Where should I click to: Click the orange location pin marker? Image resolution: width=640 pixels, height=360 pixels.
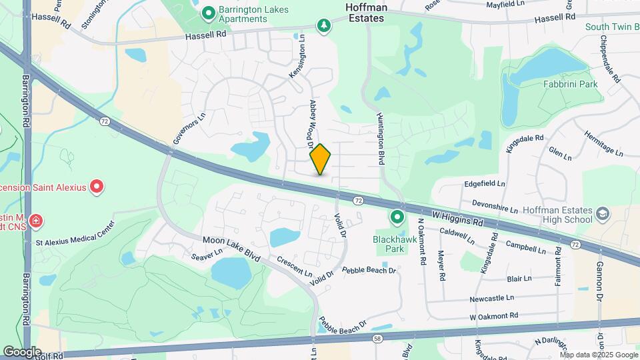[x=321, y=159]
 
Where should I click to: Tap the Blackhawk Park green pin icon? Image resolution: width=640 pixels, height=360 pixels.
[x=397, y=217]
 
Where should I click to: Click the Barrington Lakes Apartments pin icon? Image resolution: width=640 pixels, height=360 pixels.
[x=208, y=12]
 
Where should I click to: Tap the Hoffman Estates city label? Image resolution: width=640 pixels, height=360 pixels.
[x=365, y=12]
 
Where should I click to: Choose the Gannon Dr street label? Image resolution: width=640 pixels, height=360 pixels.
[x=599, y=279]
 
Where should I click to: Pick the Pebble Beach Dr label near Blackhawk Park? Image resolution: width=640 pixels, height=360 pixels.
[x=369, y=271]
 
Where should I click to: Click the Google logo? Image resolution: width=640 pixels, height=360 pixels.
[x=22, y=351]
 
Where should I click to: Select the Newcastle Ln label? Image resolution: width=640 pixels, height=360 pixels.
[x=491, y=297]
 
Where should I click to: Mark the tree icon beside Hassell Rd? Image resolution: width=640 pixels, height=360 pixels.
[x=324, y=25]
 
